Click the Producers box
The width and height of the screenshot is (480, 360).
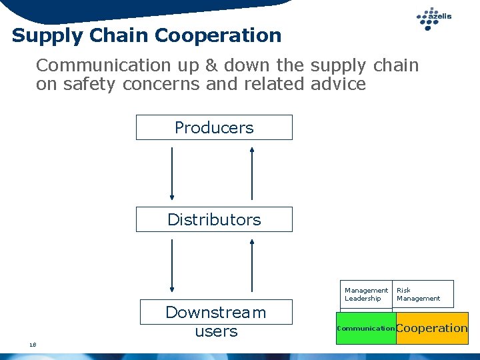[x=214, y=127]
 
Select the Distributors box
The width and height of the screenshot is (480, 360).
[x=214, y=219]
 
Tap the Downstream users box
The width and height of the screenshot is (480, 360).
[x=215, y=321]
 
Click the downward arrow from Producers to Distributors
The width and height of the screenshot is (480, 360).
[x=172, y=173]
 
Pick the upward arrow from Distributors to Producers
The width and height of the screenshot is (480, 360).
[x=252, y=173]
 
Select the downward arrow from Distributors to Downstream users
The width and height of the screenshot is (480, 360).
[x=172, y=265]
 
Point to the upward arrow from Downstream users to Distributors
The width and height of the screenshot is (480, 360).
[x=252, y=265]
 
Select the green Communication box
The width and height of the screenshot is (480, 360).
[x=366, y=328]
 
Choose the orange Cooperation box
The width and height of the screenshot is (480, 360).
[x=432, y=328]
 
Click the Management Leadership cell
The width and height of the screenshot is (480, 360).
[x=366, y=294]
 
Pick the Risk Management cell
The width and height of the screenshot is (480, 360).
[x=422, y=294]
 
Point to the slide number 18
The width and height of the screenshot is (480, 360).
[x=32, y=344]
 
